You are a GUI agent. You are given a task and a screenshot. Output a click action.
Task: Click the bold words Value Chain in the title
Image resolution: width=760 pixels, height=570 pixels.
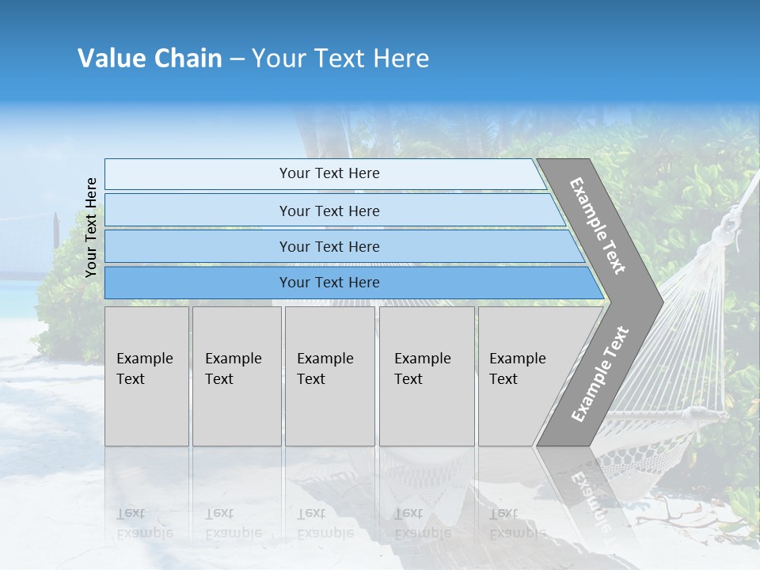pyautogui.click(x=150, y=59)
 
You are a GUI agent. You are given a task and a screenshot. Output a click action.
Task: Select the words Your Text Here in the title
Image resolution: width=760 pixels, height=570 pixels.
pyautogui.click(x=340, y=59)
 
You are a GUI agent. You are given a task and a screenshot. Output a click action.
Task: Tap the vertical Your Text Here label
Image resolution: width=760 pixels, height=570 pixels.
pyautogui.click(x=91, y=227)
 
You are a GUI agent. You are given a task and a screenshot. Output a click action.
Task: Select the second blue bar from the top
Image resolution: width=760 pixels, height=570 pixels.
pyautogui.click(x=329, y=211)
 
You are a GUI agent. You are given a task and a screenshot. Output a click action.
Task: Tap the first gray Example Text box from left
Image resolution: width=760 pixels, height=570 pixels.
pyautogui.click(x=146, y=375)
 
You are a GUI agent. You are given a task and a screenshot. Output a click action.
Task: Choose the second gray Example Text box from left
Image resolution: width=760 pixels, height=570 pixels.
pyautogui.click(x=236, y=375)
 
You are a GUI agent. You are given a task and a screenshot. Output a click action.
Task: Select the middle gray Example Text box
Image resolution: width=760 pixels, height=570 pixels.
pyautogui.click(x=329, y=375)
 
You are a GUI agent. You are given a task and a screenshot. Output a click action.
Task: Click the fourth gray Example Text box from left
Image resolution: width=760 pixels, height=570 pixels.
pyautogui.click(x=426, y=375)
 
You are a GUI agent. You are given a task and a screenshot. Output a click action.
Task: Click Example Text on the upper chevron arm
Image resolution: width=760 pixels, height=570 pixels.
pyautogui.click(x=598, y=226)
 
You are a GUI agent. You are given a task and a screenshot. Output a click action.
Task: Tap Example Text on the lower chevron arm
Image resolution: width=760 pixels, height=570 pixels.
pyautogui.click(x=600, y=374)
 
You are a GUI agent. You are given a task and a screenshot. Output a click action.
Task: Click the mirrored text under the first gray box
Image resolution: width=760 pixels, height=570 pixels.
pyautogui.click(x=144, y=523)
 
